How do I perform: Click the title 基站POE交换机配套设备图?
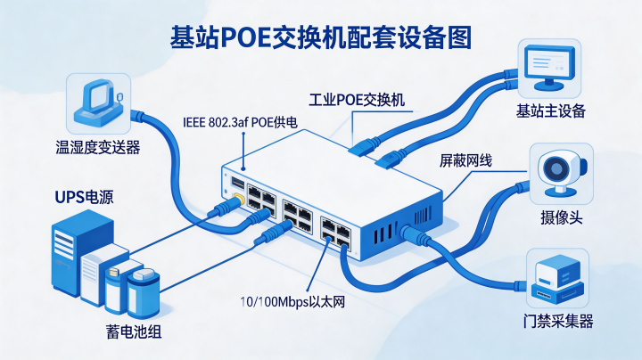pyautogui.click(x=321, y=37)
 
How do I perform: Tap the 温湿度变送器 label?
pyautogui.click(x=98, y=147)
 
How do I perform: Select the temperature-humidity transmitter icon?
pyautogui.click(x=99, y=103)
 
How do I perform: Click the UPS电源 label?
pyautogui.click(x=85, y=197)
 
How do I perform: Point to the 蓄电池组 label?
pyautogui.click(x=134, y=331)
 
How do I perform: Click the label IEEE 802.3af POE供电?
pyautogui.click(x=241, y=122)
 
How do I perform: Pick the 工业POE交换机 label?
pyautogui.click(x=357, y=100)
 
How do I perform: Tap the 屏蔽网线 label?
pyautogui.click(x=465, y=160)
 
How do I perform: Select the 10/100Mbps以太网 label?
pyautogui.click(x=292, y=302)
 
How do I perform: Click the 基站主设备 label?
pyautogui.click(x=551, y=110)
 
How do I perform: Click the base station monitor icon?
pyautogui.click(x=549, y=68)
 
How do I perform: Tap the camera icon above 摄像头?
pyautogui.click(x=562, y=173)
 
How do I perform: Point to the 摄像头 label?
pyautogui.click(x=562, y=217)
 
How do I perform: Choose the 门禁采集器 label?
pyautogui.click(x=558, y=322)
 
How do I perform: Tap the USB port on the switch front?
pyautogui.click(x=237, y=183)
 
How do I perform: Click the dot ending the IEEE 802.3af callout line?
pyautogui.click(x=243, y=168)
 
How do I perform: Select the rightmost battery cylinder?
pyautogui.click(x=144, y=293)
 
